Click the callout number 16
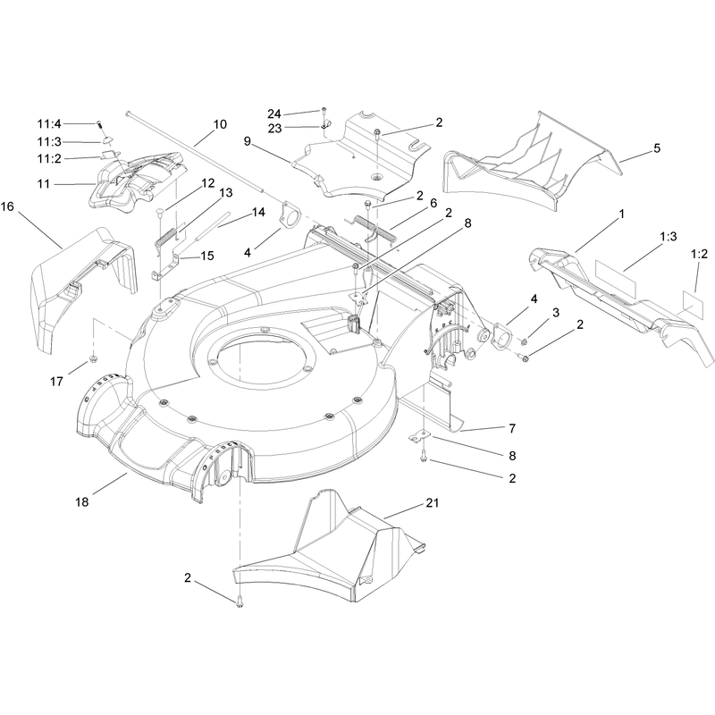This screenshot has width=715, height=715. pyautogui.click(x=7, y=206)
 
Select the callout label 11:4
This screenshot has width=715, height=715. pyautogui.click(x=49, y=123)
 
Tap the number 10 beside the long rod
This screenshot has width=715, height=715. pyautogui.click(x=220, y=124)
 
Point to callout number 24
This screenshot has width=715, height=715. pyautogui.click(x=274, y=114)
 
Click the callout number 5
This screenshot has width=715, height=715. pyautogui.click(x=657, y=147)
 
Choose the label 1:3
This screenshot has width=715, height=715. pyautogui.click(x=668, y=236)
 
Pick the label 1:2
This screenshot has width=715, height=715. pyautogui.click(x=699, y=254)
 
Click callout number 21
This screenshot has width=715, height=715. pyautogui.click(x=432, y=502)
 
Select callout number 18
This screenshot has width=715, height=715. pyautogui.click(x=82, y=502)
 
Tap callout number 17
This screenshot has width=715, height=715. pyautogui.click(x=56, y=382)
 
